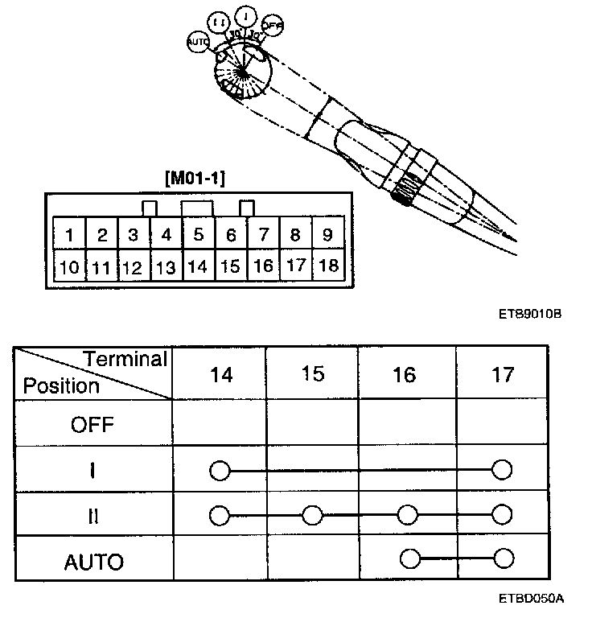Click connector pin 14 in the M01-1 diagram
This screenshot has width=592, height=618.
(198, 266)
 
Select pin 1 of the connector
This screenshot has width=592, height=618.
(70, 236)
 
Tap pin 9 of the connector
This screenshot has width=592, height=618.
(328, 236)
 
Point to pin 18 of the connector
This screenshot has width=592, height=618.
(328, 266)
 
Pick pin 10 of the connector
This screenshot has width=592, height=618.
(70, 267)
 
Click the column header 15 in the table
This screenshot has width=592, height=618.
(312, 374)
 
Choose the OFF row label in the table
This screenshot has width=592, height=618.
(92, 424)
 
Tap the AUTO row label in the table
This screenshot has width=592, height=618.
(93, 561)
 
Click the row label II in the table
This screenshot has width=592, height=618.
(92, 515)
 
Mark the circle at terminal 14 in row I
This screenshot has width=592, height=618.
(219, 470)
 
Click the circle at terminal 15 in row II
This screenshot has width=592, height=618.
(312, 515)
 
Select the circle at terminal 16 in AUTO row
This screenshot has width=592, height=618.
(409, 558)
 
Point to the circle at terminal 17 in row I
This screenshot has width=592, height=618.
(503, 469)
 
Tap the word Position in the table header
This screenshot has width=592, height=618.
(61, 385)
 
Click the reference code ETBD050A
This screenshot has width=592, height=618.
(532, 599)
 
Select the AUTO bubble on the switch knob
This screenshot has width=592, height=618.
(197, 42)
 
